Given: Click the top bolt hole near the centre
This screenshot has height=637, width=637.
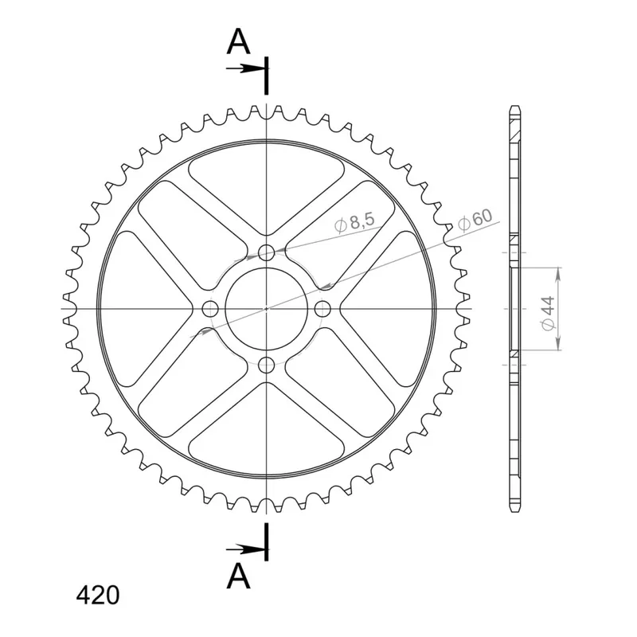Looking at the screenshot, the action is click(267, 252).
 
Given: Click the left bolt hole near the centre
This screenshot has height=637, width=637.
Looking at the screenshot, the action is click(210, 309).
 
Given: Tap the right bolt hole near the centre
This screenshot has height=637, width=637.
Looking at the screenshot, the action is click(322, 309).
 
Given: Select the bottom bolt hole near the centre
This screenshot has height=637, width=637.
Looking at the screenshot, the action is click(267, 365).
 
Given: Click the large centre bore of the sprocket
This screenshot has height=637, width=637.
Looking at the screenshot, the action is click(267, 309).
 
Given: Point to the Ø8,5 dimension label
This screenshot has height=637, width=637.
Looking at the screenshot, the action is click(354, 223).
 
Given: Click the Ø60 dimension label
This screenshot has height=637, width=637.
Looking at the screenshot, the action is click(475, 220).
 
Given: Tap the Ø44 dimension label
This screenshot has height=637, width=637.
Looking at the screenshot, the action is click(548, 313).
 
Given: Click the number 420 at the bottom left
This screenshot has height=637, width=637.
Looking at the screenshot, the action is click(98, 596).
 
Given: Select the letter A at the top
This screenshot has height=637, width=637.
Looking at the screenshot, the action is click(238, 42).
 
